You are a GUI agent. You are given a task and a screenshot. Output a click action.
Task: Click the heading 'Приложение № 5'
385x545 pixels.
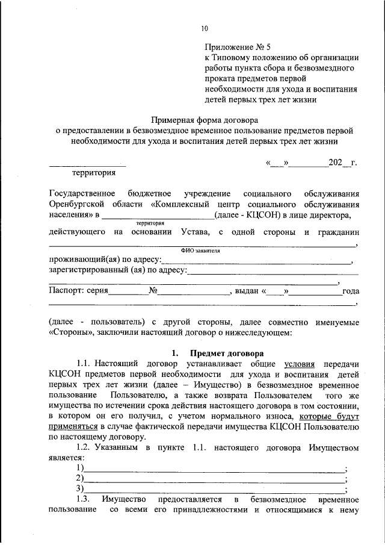pyautogui.click(x=238, y=46)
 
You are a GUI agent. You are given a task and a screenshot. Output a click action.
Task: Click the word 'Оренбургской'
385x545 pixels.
pyautogui.click(x=78, y=204)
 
